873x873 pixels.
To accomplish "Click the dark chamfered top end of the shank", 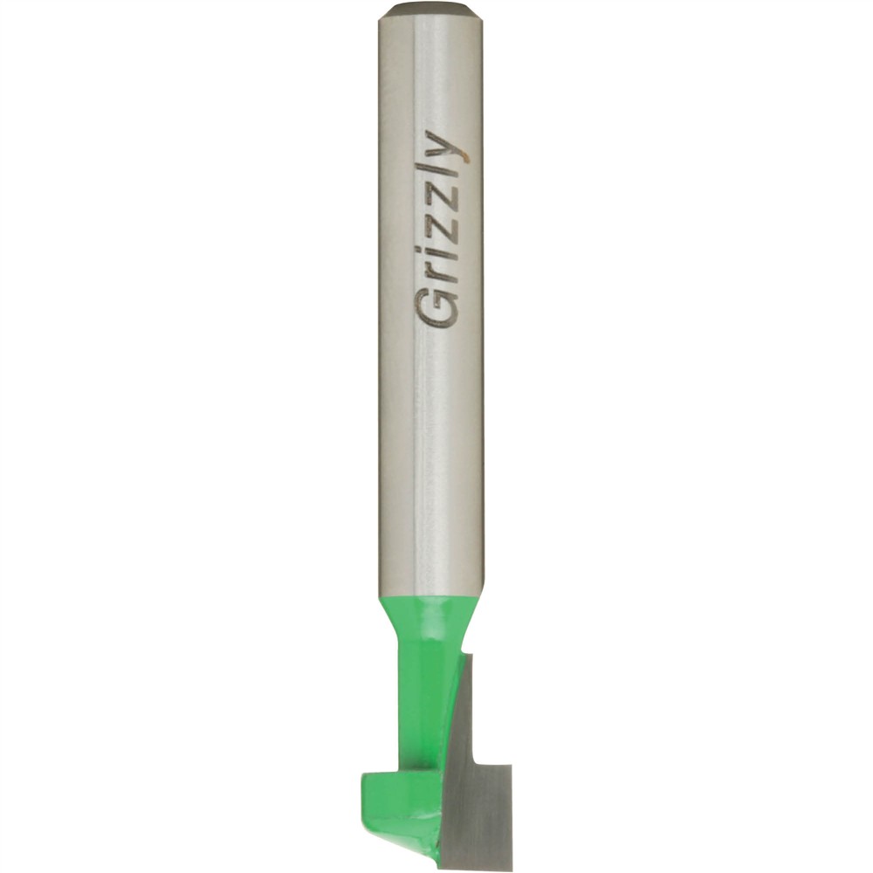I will click(429, 10).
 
